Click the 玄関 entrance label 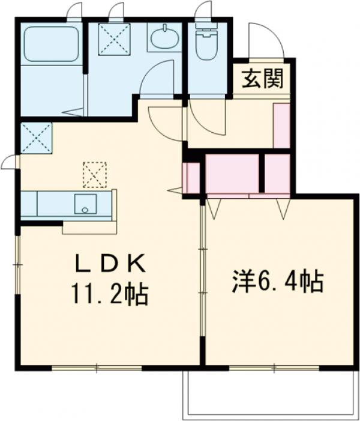262,79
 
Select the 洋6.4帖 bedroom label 278,281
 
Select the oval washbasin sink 164,39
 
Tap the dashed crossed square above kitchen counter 94,174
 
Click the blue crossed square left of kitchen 35,138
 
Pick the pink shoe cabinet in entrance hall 281,125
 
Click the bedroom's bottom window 275,367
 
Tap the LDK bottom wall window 96,367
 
